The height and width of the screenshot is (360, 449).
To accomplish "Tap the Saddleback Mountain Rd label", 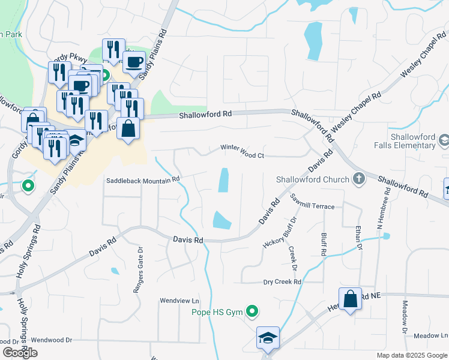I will [x=143, y=179].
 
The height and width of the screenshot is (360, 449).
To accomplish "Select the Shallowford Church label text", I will [x=312, y=179].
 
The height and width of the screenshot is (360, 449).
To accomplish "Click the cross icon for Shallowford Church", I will [x=358, y=178].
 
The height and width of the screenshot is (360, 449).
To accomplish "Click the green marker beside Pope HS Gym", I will [x=253, y=311].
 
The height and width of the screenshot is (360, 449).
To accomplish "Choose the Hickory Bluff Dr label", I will [x=280, y=232].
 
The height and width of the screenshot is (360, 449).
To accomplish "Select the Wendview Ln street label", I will [x=179, y=300].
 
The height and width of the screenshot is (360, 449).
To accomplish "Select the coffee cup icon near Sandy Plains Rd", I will [x=134, y=61].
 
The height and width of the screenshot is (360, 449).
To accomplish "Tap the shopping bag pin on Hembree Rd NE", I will [x=350, y=299].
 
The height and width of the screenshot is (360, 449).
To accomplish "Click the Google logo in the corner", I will [x=20, y=353].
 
